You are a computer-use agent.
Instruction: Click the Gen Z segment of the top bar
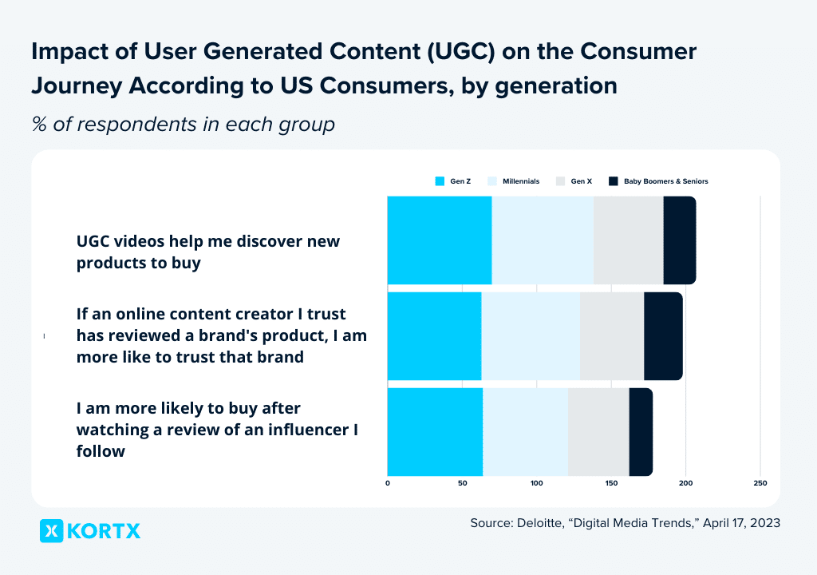click(x=440, y=240)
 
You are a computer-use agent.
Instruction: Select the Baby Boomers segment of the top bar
click(x=680, y=240)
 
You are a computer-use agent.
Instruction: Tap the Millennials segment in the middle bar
click(x=531, y=336)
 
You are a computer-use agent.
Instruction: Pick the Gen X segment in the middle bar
click(x=612, y=336)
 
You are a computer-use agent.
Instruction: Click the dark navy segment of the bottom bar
click(x=641, y=432)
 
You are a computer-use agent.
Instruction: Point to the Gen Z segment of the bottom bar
click(x=435, y=432)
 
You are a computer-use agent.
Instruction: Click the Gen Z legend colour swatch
click(x=440, y=181)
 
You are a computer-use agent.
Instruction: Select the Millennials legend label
click(x=521, y=181)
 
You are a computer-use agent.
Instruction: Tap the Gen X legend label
click(x=582, y=181)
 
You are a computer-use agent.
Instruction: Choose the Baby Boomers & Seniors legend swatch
click(x=614, y=181)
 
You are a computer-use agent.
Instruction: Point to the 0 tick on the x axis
click(x=388, y=483)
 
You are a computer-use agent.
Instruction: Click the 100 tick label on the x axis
click(x=537, y=483)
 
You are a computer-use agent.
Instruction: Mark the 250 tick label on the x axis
click(x=760, y=483)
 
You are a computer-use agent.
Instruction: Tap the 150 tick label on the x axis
click(x=611, y=483)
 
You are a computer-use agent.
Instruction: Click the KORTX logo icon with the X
click(x=52, y=530)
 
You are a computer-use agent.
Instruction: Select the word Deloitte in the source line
click(x=541, y=523)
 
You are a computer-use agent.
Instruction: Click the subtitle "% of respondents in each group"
click(x=183, y=125)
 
